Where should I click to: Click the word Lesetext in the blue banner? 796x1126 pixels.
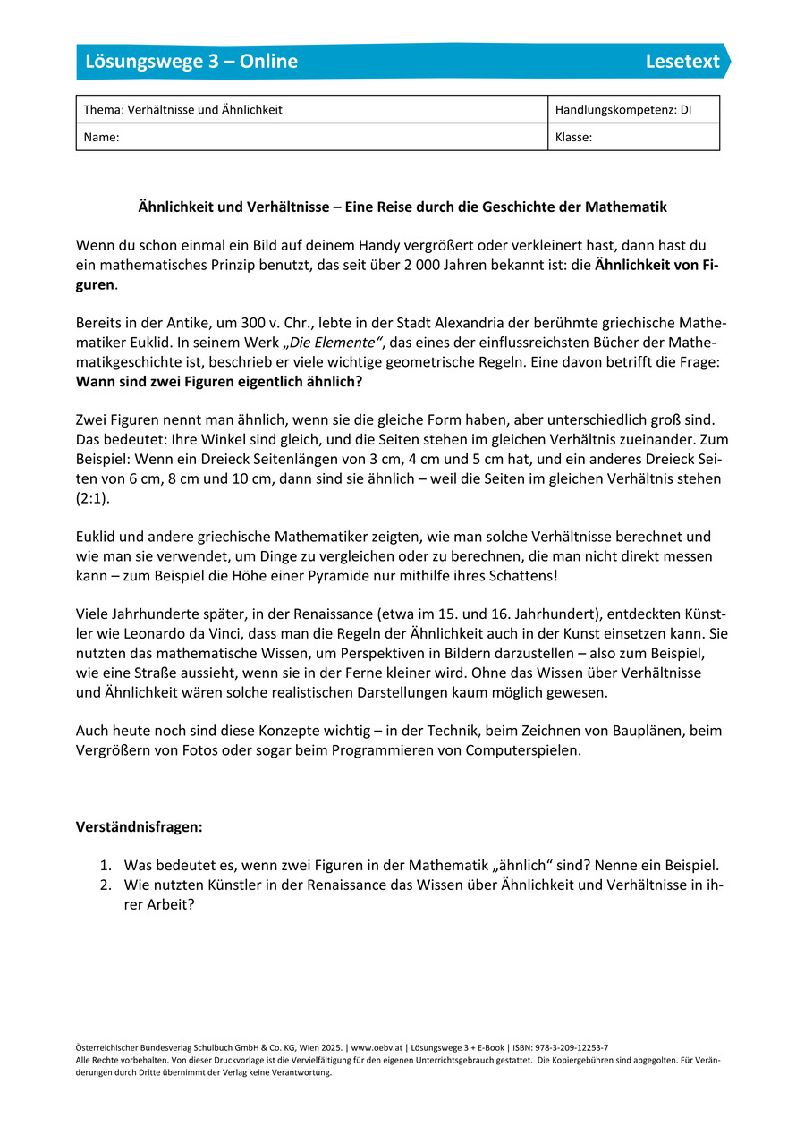point(682,62)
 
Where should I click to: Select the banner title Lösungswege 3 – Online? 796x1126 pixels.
point(191,62)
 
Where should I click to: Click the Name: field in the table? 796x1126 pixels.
point(101,138)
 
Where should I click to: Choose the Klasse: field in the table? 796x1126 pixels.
point(573,138)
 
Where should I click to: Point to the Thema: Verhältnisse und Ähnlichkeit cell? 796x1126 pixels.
point(182,110)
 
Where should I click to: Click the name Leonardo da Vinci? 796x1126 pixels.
point(174,635)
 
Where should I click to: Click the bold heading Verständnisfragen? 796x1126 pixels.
point(140,827)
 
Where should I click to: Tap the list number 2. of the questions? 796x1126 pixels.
point(105,885)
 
